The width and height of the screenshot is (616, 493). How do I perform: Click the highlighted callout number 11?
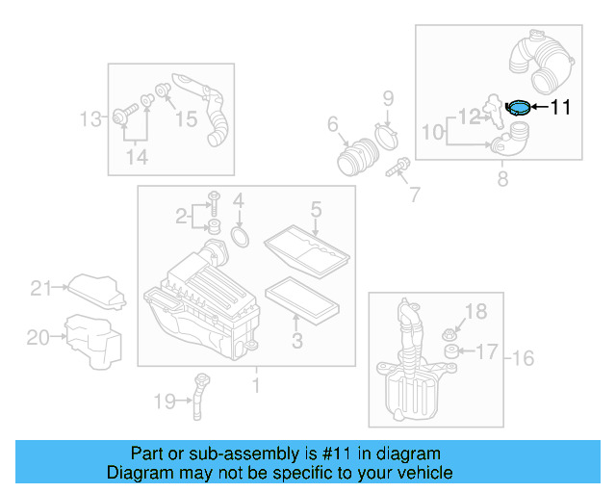coord(560,107)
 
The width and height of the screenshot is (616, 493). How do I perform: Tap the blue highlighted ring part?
coord(518,107)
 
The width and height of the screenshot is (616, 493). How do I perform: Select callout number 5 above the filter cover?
coord(315,209)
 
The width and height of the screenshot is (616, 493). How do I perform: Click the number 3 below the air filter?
coord(297,340)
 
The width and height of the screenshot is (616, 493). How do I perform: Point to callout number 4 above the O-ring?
coord(239,202)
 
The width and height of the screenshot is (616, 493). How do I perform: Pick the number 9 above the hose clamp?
coord(388,97)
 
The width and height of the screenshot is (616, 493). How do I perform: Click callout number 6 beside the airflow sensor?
coord(333,124)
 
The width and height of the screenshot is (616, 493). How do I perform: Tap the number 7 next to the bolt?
coord(415,195)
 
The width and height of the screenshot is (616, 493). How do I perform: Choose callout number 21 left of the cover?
coord(39,287)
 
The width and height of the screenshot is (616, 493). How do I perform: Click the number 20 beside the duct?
coord(38,337)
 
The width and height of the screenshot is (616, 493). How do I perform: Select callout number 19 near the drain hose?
coord(166,400)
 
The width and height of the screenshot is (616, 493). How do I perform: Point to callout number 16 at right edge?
coord(522,359)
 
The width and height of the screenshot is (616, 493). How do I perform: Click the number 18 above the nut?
coord(477,310)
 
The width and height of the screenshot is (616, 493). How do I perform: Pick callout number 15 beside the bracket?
coord(185,118)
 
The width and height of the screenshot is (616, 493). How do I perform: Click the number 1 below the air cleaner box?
coord(256,386)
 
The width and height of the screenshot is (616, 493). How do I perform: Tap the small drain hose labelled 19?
coord(200,396)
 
